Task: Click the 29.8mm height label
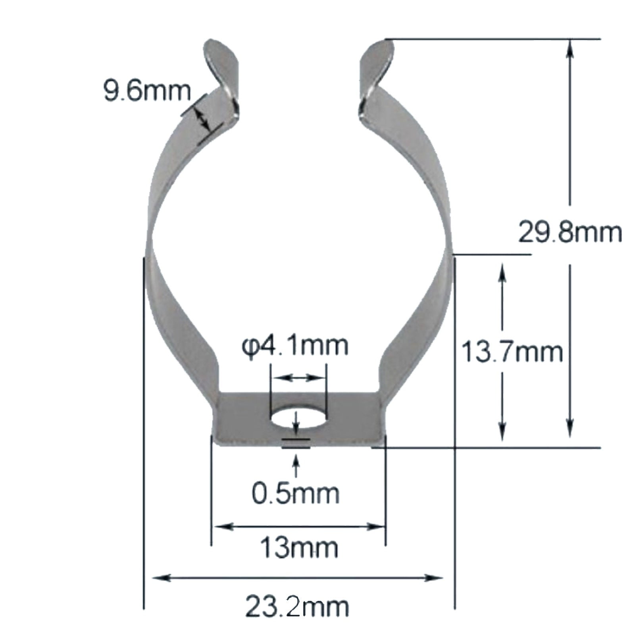[570, 233]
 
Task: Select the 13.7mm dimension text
[512, 352]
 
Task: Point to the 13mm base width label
[299, 548]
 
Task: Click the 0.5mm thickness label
[296, 494]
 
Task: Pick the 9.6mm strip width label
[147, 91]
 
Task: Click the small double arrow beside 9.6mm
[202, 118]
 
